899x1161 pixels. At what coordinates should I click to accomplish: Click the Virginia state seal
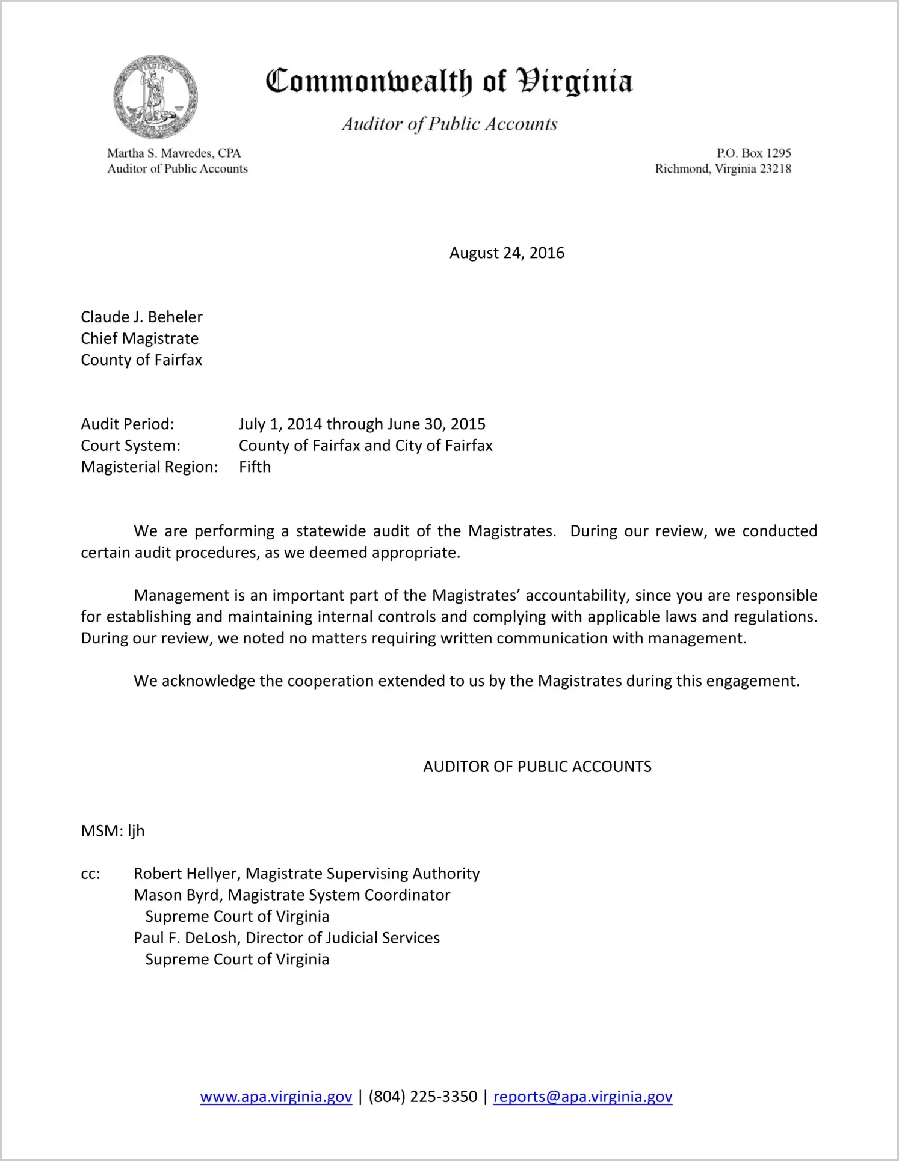pyautogui.click(x=156, y=97)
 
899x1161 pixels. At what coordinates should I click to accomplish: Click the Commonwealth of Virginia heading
pyautogui.click(x=449, y=81)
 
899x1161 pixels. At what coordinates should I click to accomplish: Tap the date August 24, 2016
pyautogui.click(x=507, y=253)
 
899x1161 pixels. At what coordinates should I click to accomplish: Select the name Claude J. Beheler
pyautogui.click(x=141, y=317)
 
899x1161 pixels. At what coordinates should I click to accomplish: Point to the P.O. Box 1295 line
pyautogui.click(x=753, y=153)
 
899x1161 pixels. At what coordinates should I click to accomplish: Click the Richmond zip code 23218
pyautogui.click(x=776, y=169)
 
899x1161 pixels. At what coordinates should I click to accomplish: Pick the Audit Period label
pyautogui.click(x=128, y=424)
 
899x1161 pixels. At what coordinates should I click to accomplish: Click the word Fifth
pyautogui.click(x=255, y=467)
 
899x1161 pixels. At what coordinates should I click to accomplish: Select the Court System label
pyautogui.click(x=131, y=446)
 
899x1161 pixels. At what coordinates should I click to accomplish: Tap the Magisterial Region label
pyautogui.click(x=149, y=467)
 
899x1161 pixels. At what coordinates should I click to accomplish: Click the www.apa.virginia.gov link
pyautogui.click(x=276, y=1097)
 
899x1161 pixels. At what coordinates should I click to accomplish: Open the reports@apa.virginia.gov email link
pyautogui.click(x=582, y=1097)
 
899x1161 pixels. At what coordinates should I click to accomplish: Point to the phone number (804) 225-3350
pyautogui.click(x=422, y=1097)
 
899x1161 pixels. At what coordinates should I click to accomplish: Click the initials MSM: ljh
pyautogui.click(x=113, y=831)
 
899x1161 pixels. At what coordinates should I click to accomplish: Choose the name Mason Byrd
pyautogui.click(x=179, y=895)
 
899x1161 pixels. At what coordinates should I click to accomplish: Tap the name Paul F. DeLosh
pyautogui.click(x=187, y=938)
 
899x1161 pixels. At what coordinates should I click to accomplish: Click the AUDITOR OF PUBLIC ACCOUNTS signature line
pyautogui.click(x=537, y=767)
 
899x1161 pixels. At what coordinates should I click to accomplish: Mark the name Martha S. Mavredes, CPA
pyautogui.click(x=174, y=153)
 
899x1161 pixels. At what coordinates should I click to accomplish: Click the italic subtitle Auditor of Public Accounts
pyautogui.click(x=449, y=124)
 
